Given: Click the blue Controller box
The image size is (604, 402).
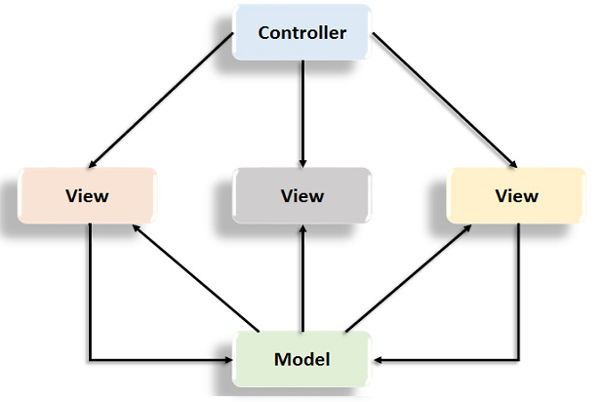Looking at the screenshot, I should point(302,32).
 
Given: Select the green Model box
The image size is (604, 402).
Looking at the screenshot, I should point(302,358).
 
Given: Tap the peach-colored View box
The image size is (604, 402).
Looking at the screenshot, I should point(87,195).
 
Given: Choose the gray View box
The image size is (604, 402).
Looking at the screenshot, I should point(302,195).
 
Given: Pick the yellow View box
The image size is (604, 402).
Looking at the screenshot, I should point(516,195).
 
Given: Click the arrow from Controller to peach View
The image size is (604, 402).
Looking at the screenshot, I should point(161,100).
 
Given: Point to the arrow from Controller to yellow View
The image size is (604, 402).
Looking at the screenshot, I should point(444,100).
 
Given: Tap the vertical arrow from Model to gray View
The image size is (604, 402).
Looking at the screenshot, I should point(302,278).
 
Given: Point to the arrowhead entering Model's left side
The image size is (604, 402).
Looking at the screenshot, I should point(227,359).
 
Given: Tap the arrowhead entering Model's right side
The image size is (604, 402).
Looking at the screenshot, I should point(379,359).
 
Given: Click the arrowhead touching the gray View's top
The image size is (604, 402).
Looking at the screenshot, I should point(302,161).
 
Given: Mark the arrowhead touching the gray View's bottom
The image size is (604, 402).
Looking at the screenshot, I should point(302,228).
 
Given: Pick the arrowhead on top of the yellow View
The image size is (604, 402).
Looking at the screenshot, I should point(512,164).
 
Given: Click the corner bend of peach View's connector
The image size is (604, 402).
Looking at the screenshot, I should point(90,359).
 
